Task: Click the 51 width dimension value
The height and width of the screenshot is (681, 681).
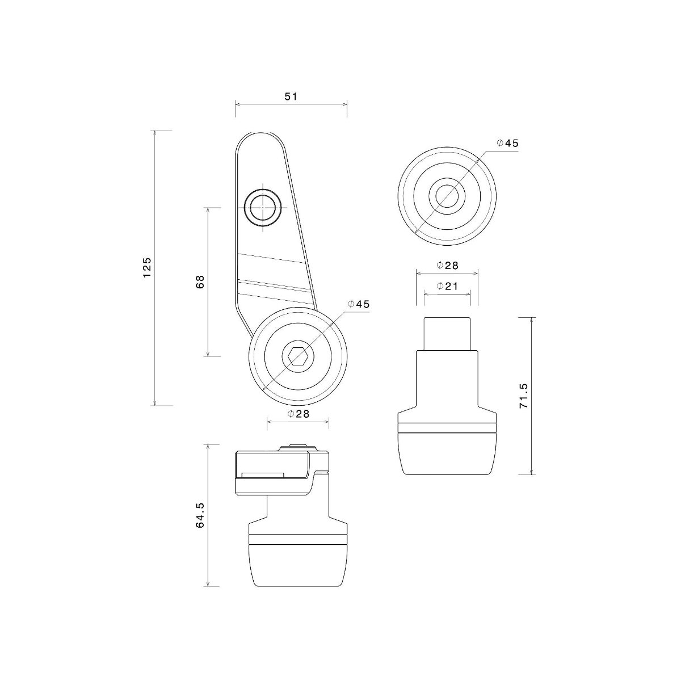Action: [291, 96]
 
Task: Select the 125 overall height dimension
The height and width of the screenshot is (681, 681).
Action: [147, 267]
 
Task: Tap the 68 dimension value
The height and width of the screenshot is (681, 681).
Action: [200, 281]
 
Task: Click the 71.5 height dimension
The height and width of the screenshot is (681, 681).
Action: [523, 396]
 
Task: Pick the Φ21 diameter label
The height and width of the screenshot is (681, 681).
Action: [447, 286]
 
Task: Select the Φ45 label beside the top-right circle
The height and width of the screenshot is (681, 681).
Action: [507, 143]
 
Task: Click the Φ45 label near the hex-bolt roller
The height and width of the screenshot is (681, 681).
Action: [359, 304]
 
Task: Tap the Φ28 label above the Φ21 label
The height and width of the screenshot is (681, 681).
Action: [447, 266]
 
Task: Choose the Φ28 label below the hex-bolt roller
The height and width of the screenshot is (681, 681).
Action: [299, 414]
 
